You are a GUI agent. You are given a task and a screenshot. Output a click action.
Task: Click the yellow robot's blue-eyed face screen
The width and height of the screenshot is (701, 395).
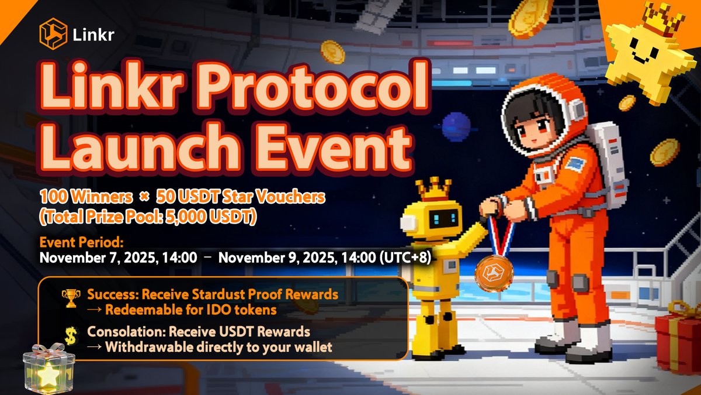point(443,220)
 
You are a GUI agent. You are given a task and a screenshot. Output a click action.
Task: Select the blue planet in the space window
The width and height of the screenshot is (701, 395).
point(456,126)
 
